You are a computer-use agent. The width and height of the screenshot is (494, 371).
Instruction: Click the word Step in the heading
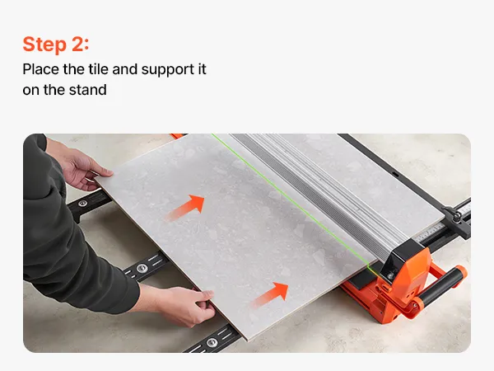tap(44, 45)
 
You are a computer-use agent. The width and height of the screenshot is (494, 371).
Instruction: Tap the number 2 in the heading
tap(78, 44)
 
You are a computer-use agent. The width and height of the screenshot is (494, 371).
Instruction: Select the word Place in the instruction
tap(40, 69)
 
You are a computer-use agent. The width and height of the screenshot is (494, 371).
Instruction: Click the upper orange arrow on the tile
tap(185, 208)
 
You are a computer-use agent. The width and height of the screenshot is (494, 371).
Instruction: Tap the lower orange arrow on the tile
tap(270, 294)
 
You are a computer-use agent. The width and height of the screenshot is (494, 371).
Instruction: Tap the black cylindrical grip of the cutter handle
tap(440, 286)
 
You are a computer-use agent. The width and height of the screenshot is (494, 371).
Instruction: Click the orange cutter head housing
tap(403, 284)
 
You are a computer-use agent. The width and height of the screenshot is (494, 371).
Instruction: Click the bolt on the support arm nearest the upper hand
tap(82, 203)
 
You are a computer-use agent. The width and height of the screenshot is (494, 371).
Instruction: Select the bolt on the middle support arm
tap(142, 269)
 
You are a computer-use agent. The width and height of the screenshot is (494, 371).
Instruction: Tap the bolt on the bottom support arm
tap(212, 341)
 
